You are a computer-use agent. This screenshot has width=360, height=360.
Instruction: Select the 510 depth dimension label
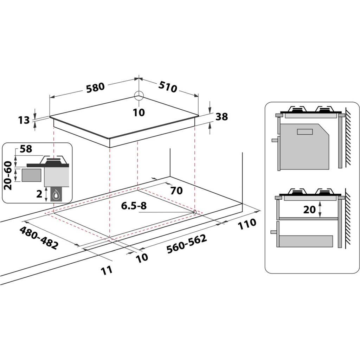pos(167,87)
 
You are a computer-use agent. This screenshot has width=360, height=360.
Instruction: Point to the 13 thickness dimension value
pos(24,120)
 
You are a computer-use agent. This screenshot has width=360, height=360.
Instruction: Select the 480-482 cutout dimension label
pos(38,238)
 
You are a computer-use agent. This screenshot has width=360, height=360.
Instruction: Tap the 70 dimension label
pos(176,191)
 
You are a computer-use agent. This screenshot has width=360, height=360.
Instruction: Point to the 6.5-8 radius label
pos(134,206)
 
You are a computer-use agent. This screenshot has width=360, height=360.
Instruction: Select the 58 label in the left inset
pos(26,149)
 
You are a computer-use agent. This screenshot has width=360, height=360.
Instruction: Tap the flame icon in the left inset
pos(56,194)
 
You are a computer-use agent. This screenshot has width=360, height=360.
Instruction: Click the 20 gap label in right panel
pos(309,210)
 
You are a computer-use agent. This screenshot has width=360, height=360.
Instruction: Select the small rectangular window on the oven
pos(304,132)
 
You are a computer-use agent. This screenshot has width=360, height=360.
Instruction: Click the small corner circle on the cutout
pos(194,212)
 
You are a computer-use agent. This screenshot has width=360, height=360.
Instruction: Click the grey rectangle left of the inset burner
pos(31,175)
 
